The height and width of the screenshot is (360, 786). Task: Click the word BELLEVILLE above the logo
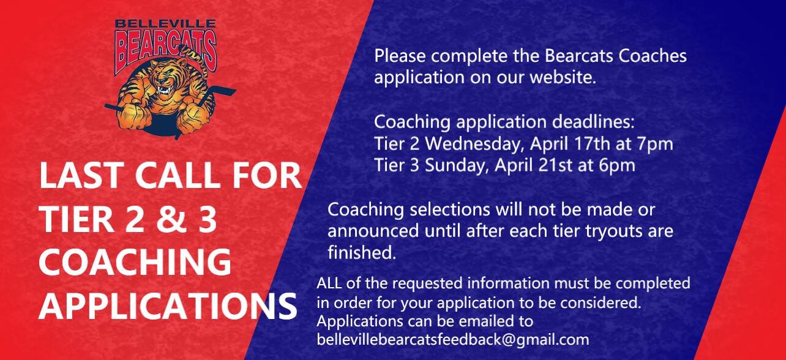[x=165, y=24]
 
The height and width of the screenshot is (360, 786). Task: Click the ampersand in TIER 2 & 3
[x=173, y=219]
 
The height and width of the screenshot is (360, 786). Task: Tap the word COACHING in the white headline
[x=135, y=263]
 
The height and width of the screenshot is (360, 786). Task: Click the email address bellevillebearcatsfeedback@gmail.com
[x=453, y=339]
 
